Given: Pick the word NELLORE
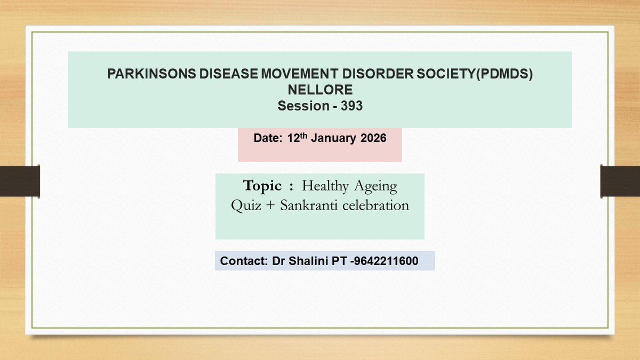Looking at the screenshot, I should pos(320,90).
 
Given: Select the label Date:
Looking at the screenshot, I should pos(269,138).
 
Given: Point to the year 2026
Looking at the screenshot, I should pos(373,138).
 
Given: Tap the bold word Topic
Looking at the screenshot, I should pos(262,186).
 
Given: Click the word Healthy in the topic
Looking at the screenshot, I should pos(325,187).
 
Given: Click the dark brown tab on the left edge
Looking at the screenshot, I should pos(20,180).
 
